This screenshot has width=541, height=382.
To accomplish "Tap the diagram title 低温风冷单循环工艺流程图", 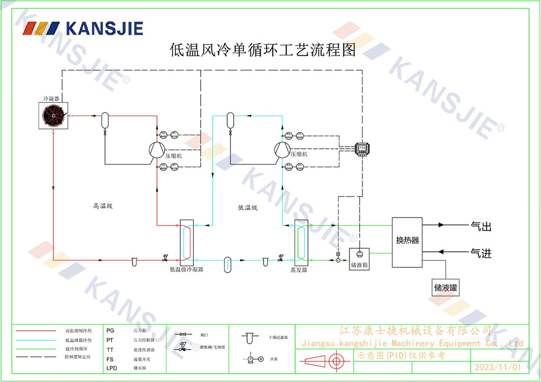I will (263, 51).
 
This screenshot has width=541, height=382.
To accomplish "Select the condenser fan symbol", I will (54, 115).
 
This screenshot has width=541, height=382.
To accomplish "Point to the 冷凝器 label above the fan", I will (51, 99).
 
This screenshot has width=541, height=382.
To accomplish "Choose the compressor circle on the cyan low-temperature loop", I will (282, 150).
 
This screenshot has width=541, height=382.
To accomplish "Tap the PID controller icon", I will (360, 147).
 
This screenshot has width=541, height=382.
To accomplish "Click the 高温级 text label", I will (102, 206).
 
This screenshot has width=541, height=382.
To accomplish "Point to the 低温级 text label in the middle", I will (247, 207).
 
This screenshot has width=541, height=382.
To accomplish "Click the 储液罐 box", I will (446, 287).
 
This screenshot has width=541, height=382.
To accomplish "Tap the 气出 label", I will (481, 227).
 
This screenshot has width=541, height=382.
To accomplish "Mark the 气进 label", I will (481, 253).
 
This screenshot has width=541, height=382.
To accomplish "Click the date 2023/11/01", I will (497, 367).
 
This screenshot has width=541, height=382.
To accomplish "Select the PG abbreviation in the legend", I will (110, 330).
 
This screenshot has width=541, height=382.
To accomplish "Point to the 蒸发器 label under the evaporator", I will (299, 269).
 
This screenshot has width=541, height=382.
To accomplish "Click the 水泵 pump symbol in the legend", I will (254, 359).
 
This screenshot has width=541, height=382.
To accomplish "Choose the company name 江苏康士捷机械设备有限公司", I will (414, 331).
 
